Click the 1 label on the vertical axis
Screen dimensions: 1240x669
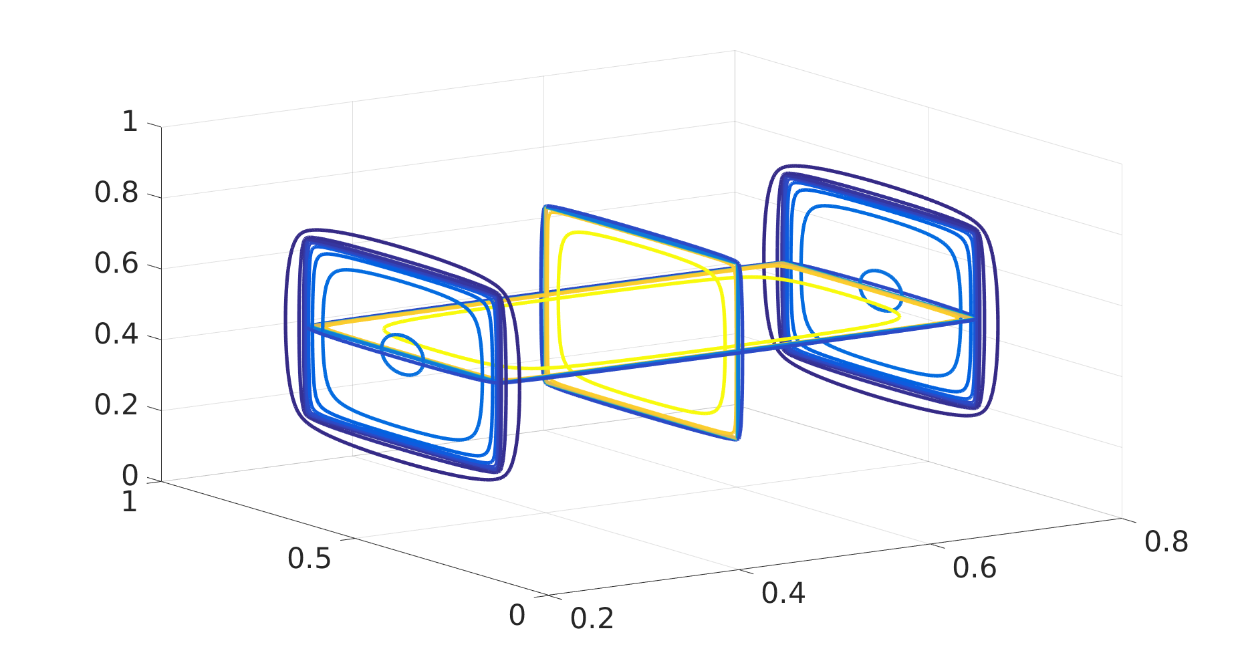coord(130,122)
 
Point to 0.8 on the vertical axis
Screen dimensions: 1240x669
coord(116,192)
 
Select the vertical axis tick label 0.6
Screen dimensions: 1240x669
coord(116,263)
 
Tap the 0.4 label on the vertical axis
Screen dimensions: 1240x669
coord(116,334)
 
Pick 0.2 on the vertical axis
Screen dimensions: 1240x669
coord(116,405)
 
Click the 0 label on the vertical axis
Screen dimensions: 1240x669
coord(130,476)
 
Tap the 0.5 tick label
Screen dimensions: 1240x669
coord(309,559)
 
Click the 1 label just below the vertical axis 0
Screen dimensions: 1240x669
coord(130,502)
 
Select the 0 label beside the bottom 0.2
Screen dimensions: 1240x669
coord(517,616)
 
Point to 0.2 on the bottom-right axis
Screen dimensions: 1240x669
coord(592,618)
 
